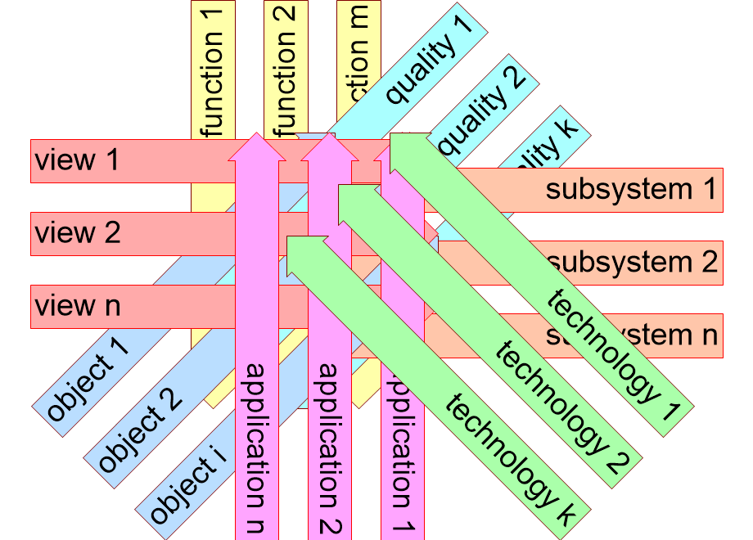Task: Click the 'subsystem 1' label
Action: coord(631,190)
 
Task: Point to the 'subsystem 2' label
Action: coord(633,263)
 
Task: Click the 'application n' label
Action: coord(257,446)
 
